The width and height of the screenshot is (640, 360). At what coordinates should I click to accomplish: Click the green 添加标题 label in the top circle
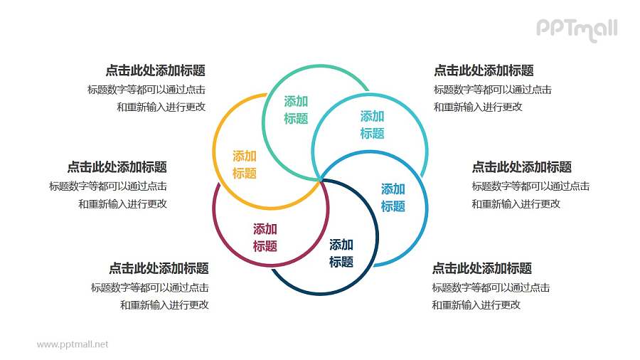296,110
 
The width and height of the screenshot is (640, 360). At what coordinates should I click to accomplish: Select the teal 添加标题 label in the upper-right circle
372,125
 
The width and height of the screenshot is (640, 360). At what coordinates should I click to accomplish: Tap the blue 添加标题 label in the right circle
393,198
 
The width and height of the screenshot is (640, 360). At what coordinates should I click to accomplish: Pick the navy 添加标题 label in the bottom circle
341,253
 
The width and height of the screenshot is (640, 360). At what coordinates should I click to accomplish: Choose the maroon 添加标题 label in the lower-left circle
265,238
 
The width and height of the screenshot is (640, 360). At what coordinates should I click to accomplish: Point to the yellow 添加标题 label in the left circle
244,164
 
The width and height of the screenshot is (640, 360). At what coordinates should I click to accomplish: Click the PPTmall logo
575,29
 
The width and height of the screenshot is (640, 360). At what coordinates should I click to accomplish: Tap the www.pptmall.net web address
73,344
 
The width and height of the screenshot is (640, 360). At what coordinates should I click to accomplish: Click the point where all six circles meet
320,179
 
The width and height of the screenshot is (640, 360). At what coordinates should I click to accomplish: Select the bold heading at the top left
155,70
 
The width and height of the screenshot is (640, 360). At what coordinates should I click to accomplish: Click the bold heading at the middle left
117,167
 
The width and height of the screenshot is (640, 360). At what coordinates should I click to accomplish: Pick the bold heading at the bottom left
159,268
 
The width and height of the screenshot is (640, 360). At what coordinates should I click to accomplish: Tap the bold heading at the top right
484,70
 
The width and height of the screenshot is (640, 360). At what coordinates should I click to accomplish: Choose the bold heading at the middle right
521,167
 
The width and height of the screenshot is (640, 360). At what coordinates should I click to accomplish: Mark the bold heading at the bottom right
481,268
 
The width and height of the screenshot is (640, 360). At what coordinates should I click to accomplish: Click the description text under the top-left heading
146,98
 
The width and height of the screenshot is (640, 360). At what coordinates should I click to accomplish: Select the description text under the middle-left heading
108,195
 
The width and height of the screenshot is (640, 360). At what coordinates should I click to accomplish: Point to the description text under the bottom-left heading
150,296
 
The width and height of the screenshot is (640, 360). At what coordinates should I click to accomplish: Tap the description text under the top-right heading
492,98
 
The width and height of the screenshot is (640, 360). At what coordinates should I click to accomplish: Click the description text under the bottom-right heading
491,296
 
